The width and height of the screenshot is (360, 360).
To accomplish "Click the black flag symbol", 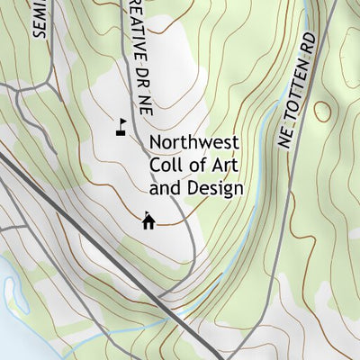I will pyautogui.click(x=120, y=126).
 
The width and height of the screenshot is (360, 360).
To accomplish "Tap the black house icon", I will pyautogui.click(x=148, y=220).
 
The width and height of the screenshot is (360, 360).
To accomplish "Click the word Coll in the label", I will pyautogui.click(x=164, y=166).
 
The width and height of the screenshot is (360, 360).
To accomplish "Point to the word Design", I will pyautogui.click(x=214, y=189).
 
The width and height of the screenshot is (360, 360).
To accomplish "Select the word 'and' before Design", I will pyautogui.click(x=164, y=189).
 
